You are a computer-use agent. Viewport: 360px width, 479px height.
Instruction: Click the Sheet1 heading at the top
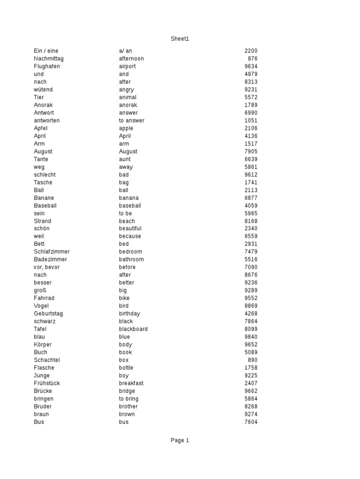[x=180, y=39]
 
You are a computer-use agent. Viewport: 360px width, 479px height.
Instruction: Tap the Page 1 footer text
[x=180, y=440]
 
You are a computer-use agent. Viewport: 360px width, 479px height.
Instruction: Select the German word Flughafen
[x=47, y=66]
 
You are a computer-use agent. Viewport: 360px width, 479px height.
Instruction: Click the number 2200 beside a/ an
[x=251, y=51]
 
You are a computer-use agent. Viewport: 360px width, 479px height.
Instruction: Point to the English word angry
[x=126, y=89]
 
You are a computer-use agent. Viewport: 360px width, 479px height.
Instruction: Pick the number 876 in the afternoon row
[x=253, y=58]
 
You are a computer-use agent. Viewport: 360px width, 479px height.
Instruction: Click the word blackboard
[x=133, y=329]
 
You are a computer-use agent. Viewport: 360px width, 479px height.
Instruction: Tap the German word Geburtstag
[x=48, y=313]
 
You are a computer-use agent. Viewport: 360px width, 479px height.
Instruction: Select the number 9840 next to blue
[x=251, y=337]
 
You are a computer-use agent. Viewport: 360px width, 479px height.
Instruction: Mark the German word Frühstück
[x=47, y=383]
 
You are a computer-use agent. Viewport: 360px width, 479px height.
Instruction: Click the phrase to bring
[x=128, y=399]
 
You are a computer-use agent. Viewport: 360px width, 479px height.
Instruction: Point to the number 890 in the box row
[x=253, y=360]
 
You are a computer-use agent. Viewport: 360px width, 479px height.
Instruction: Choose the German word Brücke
[x=43, y=391]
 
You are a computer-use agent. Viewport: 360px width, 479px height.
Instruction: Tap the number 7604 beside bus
[x=251, y=422]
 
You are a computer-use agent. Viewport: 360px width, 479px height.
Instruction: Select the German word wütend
[x=43, y=89]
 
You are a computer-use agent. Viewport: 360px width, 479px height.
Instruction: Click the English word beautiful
[x=130, y=228]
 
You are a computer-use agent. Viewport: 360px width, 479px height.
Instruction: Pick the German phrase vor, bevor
[x=46, y=267]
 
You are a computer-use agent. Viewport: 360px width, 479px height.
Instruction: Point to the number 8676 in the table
[x=251, y=275]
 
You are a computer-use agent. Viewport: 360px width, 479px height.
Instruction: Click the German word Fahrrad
[x=44, y=298]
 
